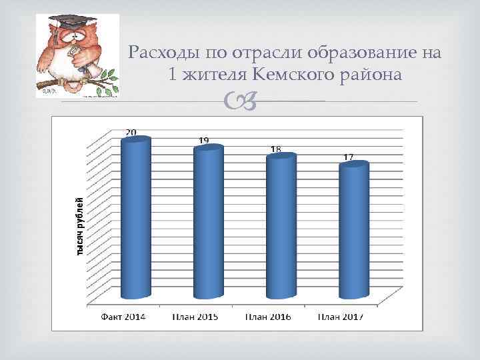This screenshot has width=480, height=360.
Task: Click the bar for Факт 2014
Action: coord(135,217)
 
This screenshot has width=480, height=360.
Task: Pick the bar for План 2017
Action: coord(353,230)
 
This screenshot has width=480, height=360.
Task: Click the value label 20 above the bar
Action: coord(131,132)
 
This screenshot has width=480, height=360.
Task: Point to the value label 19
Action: coord(204,140)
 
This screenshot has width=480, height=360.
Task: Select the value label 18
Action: coord(275,148)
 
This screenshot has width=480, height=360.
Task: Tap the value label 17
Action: coord(348,157)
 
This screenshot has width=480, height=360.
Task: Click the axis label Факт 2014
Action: coord(124,316)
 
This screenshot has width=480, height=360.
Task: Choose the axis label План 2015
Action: coord(196,316)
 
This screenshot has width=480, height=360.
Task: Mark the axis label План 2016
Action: coord(268,316)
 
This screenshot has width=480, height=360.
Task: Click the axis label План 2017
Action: coord(340,316)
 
